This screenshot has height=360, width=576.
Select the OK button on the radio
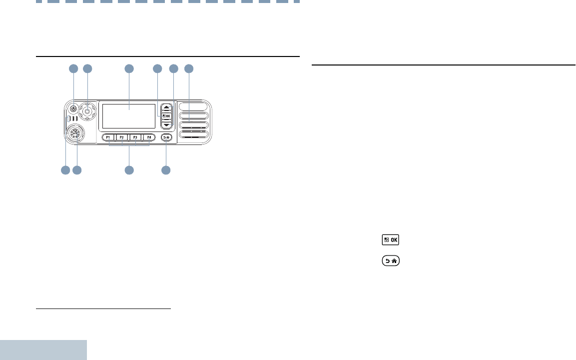166,116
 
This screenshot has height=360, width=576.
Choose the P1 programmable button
108,137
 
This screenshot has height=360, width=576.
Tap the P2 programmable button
122,137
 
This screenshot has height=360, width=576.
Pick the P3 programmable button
135,137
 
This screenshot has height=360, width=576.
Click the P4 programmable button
149,137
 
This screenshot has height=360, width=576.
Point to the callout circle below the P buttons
129,170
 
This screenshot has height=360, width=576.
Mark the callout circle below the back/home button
166,170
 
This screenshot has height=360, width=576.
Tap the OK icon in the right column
391,240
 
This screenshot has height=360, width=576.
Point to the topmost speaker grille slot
192,107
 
